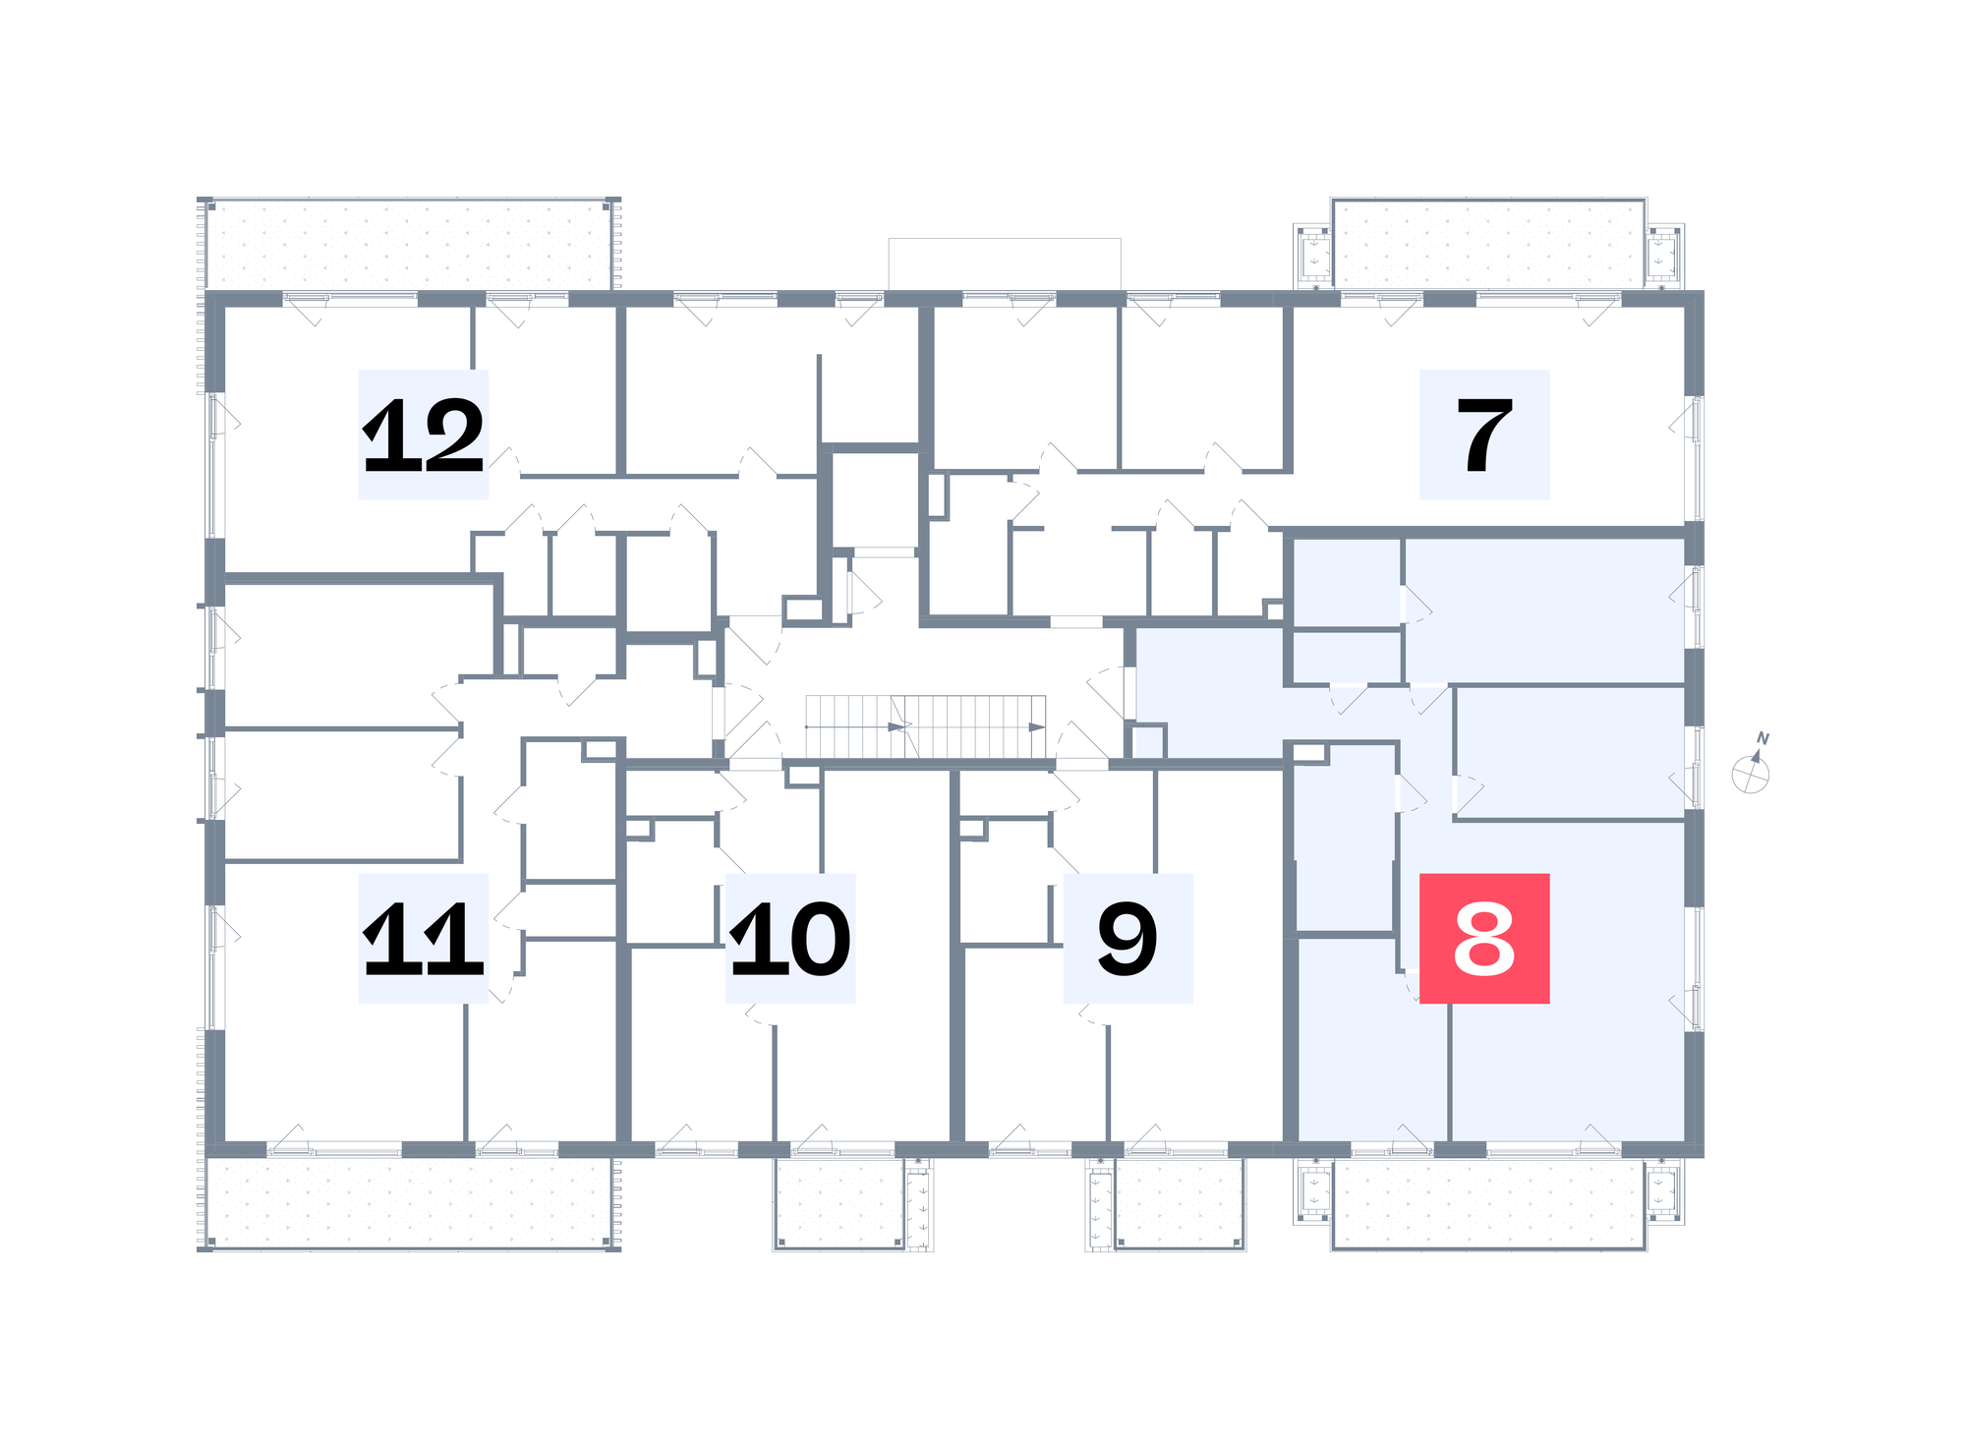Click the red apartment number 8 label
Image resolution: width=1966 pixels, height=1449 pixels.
1484,938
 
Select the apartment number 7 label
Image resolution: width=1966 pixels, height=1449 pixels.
1484,435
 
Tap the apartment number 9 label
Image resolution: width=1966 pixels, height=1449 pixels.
1128,938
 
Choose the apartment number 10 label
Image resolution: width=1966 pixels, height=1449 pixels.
790,938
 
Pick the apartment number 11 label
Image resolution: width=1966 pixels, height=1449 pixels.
424,938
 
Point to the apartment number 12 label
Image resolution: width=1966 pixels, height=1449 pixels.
424,435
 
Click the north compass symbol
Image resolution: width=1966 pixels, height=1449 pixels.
1751,773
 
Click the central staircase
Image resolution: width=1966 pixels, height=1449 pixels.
925,726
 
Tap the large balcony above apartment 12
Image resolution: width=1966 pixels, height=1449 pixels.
409,244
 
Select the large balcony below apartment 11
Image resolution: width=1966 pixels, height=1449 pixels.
409,1203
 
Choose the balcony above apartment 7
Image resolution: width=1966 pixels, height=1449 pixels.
1488,244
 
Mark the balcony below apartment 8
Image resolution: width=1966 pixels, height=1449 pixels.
1488,1203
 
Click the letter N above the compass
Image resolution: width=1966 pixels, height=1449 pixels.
1764,738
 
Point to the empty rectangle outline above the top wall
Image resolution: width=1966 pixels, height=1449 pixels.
1005,263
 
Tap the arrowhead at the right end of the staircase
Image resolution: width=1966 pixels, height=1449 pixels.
1037,727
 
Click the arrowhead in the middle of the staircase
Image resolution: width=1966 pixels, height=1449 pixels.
896,727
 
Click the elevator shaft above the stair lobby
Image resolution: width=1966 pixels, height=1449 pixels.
875,498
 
